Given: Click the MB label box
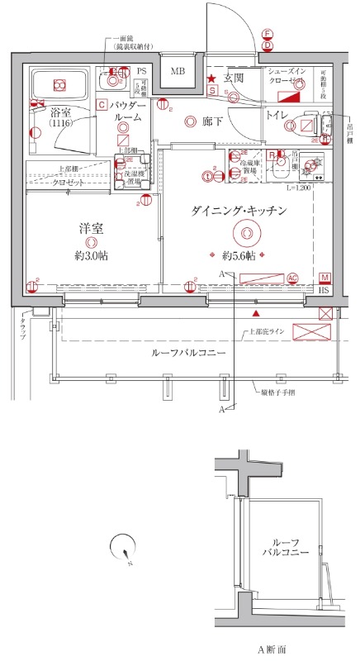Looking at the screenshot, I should tap(178, 72).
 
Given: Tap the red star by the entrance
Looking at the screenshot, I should tap(211, 79).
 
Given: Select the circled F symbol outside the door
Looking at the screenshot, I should tap(267, 34).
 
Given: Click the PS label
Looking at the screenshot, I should tap(141, 72).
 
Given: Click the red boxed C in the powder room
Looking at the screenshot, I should tap(100, 105).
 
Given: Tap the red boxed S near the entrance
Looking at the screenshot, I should tap(212, 91).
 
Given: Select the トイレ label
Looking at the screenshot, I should tap(276, 115).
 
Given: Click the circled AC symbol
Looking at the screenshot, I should tap(291, 277).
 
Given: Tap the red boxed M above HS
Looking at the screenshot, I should tap(324, 278).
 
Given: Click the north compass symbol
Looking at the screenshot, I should tap(123, 548).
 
